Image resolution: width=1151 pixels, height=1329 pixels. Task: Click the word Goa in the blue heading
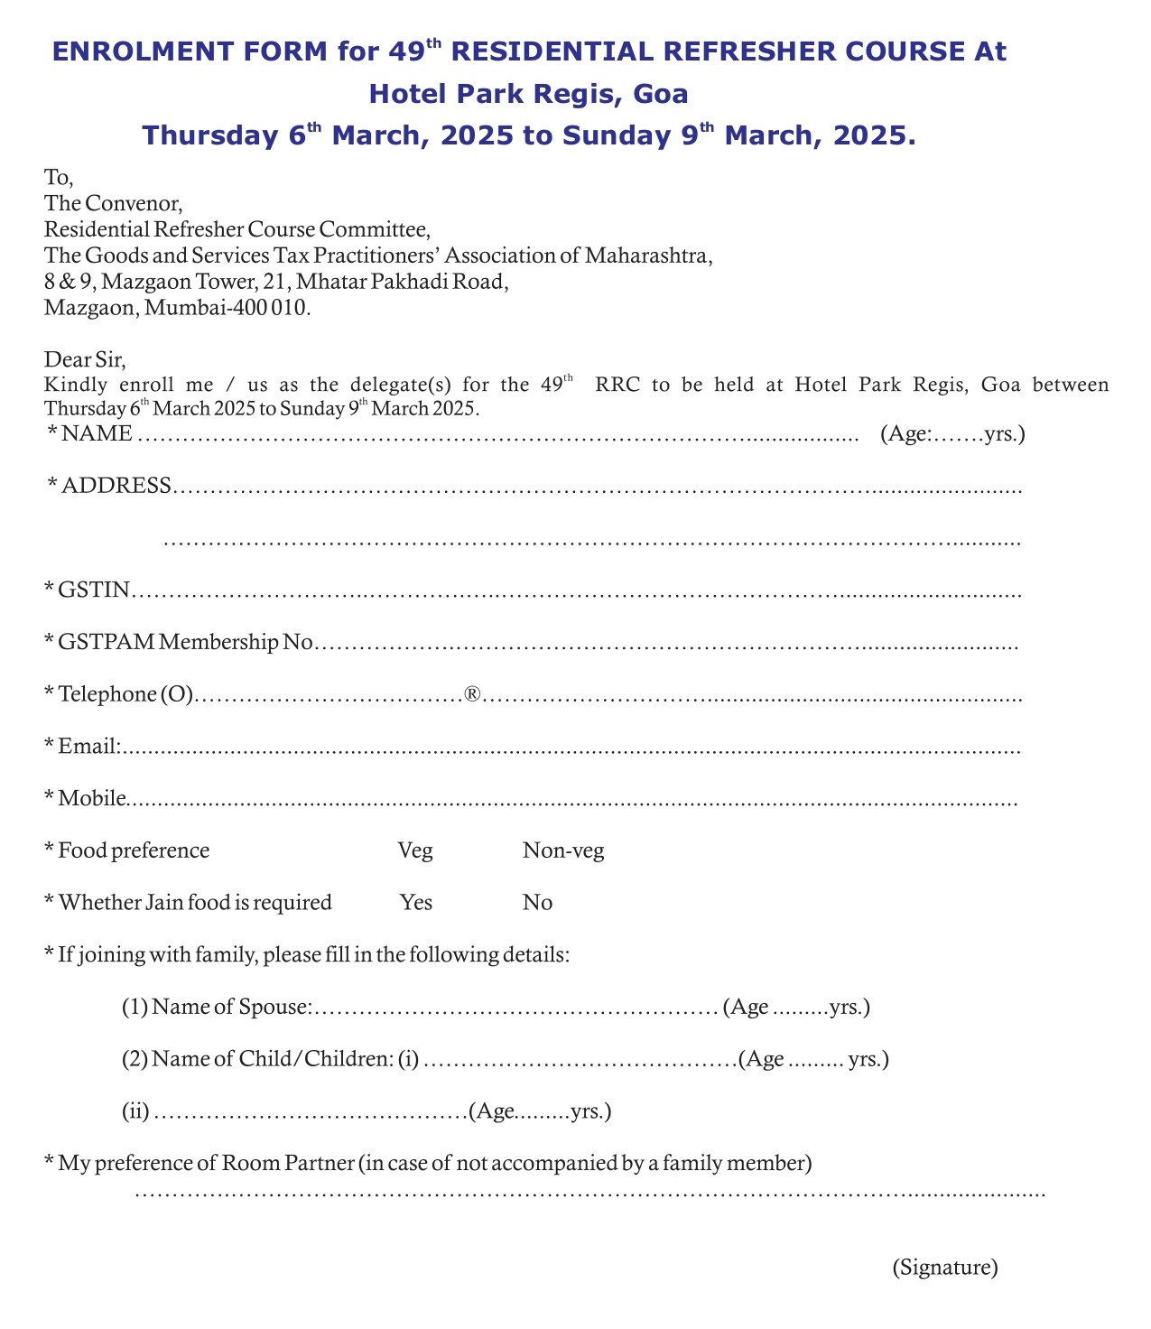(x=662, y=94)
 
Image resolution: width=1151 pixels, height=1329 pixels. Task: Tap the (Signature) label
(x=945, y=1268)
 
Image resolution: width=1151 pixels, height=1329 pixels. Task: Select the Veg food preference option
(x=415, y=851)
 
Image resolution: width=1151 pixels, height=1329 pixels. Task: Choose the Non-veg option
(x=563, y=851)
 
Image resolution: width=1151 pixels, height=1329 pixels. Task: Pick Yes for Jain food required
(x=416, y=903)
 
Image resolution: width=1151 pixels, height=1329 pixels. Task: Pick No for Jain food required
(x=537, y=903)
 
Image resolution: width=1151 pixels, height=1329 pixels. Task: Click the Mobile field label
(x=91, y=799)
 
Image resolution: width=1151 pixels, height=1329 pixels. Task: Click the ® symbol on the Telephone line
(x=471, y=694)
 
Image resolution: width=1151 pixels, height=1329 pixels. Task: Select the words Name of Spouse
(x=231, y=1008)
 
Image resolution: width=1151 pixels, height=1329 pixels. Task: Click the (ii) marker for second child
(x=135, y=1111)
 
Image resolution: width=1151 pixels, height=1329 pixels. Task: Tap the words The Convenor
(x=114, y=203)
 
